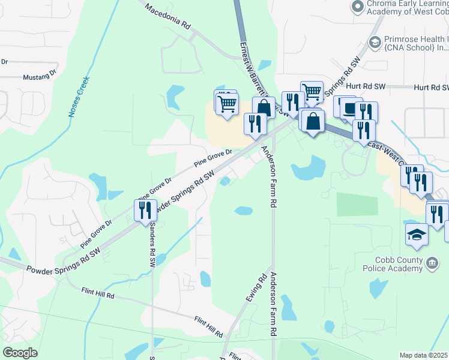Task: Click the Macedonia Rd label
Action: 168,18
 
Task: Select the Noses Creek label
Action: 79,96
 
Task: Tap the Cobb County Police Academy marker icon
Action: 432,262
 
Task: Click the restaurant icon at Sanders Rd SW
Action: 145,210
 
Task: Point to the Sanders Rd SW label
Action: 152,244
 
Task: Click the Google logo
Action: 20,353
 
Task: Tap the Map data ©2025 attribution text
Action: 424,355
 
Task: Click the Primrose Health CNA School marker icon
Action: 375,41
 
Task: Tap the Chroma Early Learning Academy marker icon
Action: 357,6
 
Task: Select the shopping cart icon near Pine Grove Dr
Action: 227,104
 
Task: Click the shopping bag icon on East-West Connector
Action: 313,121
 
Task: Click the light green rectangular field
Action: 353,205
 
